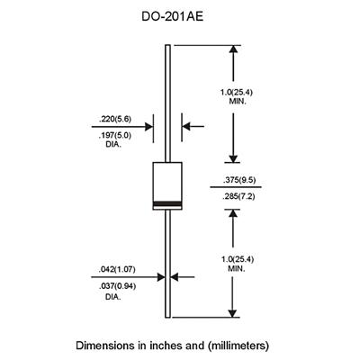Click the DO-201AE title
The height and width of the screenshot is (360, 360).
(x=173, y=16)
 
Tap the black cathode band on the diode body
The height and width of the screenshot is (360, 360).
(x=167, y=203)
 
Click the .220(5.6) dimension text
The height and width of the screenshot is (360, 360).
(x=115, y=119)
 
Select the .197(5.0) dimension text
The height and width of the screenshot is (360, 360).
(x=115, y=136)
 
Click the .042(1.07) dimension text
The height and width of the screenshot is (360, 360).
(x=117, y=269)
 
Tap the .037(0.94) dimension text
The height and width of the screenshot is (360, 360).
(x=117, y=286)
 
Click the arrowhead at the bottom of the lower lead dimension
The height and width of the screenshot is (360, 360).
(x=232, y=312)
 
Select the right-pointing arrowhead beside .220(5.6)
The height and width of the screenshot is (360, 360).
(x=148, y=127)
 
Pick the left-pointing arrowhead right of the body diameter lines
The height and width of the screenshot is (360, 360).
(x=186, y=126)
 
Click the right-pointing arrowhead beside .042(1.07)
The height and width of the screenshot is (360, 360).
(x=161, y=277)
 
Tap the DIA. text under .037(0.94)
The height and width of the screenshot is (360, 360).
(x=112, y=297)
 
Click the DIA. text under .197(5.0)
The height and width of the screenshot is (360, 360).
(x=113, y=146)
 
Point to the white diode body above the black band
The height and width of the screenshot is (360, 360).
(x=167, y=182)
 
